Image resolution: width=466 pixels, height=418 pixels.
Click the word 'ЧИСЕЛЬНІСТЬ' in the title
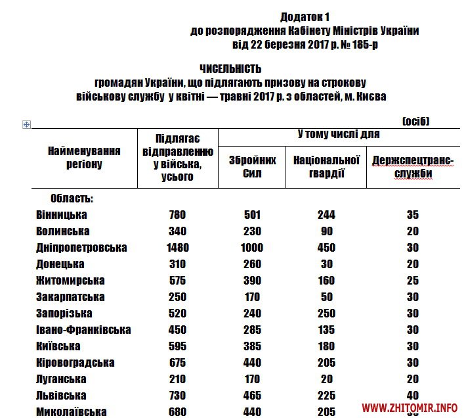(230, 69)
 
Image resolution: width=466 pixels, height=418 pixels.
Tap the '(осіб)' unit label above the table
(415, 121)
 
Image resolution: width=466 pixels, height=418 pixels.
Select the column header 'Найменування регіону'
(84, 157)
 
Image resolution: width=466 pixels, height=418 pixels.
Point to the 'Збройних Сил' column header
(252, 166)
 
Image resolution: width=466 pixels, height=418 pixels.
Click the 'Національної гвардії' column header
(326, 166)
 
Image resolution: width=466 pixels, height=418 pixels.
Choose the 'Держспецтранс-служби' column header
(413, 167)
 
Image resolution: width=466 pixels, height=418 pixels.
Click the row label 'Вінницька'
(62, 215)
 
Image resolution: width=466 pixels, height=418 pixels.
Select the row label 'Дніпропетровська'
(81, 248)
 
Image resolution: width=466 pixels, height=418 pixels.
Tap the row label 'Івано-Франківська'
(83, 330)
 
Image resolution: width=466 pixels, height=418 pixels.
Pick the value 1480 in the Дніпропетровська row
(177, 248)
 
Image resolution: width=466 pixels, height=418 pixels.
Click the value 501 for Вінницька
(252, 215)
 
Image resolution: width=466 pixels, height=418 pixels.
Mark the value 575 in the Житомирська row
(177, 281)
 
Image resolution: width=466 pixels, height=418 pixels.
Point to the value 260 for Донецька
(252, 264)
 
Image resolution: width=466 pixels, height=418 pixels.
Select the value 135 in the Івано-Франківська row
(326, 330)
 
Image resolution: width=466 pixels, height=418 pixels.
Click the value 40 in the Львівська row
(412, 396)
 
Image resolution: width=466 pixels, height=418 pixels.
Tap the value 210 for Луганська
(177, 379)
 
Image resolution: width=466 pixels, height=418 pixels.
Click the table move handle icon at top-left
(27, 124)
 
